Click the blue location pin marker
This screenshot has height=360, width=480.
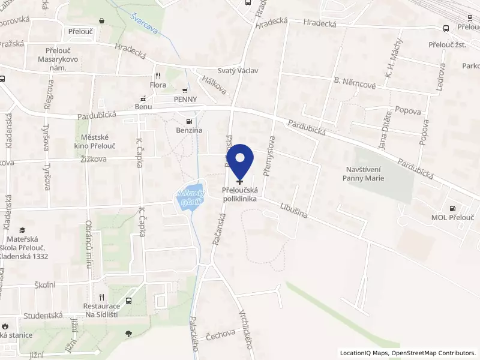[241, 160]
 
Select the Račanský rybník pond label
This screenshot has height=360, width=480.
[191, 197]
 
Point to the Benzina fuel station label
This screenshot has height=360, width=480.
[189, 130]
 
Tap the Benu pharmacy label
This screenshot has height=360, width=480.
[143, 106]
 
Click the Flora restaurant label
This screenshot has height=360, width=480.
[158, 85]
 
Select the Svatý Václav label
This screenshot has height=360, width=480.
[238, 70]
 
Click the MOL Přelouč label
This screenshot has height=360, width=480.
[453, 217]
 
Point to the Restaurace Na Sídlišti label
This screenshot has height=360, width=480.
[102, 310]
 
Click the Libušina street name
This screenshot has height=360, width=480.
[293, 209]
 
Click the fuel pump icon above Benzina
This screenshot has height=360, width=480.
[190, 120]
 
